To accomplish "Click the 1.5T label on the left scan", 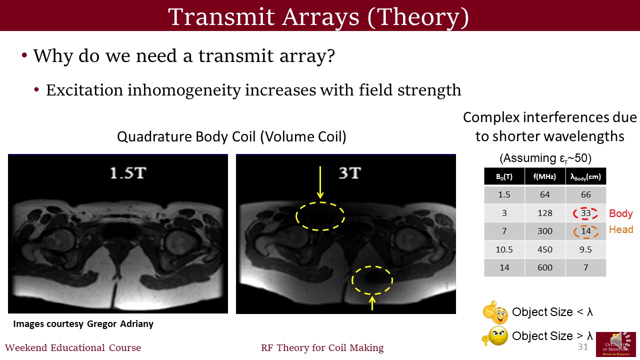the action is pyautogui.click(x=128, y=173).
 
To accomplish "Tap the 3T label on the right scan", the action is pyautogui.click(x=350, y=173).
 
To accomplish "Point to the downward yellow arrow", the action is pyautogui.click(x=320, y=182).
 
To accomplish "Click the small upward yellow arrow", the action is pyautogui.click(x=372, y=303).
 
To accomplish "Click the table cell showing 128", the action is pyautogui.click(x=545, y=213).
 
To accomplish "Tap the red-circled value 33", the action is pyautogui.click(x=585, y=213).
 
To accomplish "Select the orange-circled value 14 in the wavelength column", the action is pyautogui.click(x=585, y=231).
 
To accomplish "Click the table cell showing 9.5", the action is pyautogui.click(x=585, y=249).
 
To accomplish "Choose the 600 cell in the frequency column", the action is pyautogui.click(x=545, y=267).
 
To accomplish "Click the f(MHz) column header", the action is pyautogui.click(x=545, y=176).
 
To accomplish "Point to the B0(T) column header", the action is pyautogui.click(x=504, y=176).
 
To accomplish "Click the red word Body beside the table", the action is pyautogui.click(x=621, y=213).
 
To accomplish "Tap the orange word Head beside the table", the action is pyautogui.click(x=621, y=229).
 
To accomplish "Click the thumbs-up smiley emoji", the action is pyautogui.click(x=495, y=312).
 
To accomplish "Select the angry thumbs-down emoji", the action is pyautogui.click(x=495, y=336).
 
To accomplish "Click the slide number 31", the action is pyautogui.click(x=583, y=347).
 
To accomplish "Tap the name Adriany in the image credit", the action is pyautogui.click(x=136, y=324).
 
